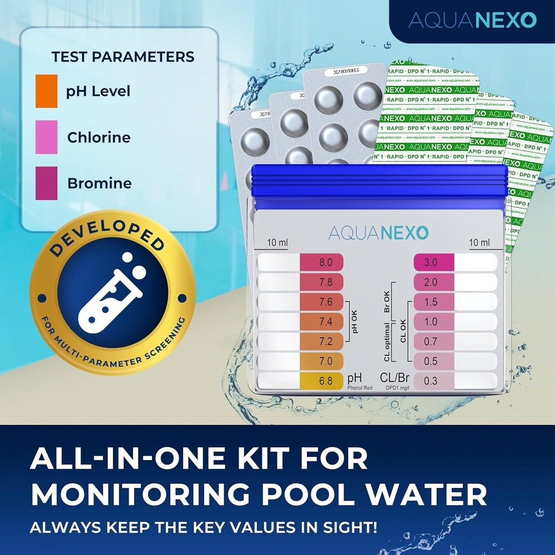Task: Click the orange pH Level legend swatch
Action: [x=46, y=91]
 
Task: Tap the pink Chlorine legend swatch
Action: [x=46, y=137]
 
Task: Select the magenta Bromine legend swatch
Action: [x=46, y=183]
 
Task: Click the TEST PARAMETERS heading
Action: [x=123, y=57]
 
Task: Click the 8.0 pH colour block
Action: [x=322, y=263]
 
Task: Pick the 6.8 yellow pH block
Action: [x=322, y=381]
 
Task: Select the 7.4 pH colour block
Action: [x=322, y=322]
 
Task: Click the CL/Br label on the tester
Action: [x=395, y=379]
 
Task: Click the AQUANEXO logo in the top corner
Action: [x=472, y=21]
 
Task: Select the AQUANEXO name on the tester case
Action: [x=378, y=232]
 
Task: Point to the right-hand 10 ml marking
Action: [x=479, y=243]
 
